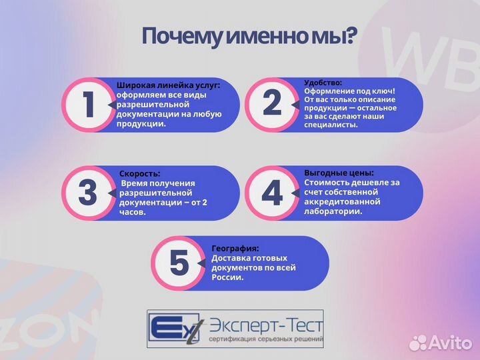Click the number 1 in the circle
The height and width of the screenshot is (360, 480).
point(89,104)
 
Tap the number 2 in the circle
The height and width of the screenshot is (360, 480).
point(272,103)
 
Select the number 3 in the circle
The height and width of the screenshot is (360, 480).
point(87,193)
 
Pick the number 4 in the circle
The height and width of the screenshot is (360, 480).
point(272,193)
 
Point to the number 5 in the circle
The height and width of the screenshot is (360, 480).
point(179,263)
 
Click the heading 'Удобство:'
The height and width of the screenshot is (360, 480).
point(323,83)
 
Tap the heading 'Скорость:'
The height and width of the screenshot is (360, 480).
point(140,173)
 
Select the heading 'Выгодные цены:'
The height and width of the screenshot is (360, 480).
point(339,172)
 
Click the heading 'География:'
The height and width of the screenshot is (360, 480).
point(235,248)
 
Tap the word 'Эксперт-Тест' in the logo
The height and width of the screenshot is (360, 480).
point(265,327)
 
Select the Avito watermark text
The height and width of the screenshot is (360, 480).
point(452,343)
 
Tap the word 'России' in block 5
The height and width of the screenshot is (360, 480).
point(227,277)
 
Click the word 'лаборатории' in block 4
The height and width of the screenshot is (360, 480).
point(333,211)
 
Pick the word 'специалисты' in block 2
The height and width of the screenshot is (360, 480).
point(331,125)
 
